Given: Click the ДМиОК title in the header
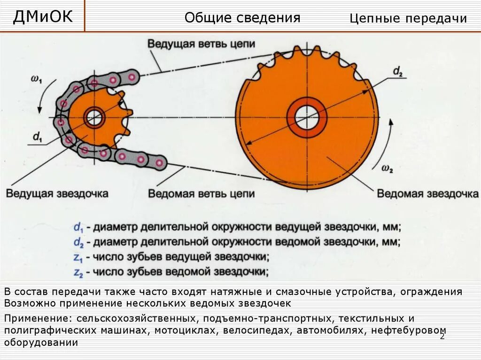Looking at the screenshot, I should pos(43,16).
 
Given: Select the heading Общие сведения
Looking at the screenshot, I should pos(242,18).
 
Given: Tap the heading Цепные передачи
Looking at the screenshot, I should pos(408,18).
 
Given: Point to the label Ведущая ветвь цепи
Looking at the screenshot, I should pos(202,44).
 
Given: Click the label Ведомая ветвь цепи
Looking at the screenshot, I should pos(202,193).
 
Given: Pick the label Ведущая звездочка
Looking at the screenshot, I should pos(57,193).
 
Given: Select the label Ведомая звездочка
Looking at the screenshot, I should pos(427,193).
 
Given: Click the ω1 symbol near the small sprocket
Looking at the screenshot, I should pos(36,80).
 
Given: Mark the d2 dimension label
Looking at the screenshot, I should pos(398,72).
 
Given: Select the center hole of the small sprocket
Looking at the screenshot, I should pos(94,117).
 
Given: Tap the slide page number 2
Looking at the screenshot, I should pos(442,337).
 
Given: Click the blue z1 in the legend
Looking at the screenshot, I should pos(78,257).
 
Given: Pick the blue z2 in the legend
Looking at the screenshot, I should pos(78,272).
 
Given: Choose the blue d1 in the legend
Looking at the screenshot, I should pos(78,228).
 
